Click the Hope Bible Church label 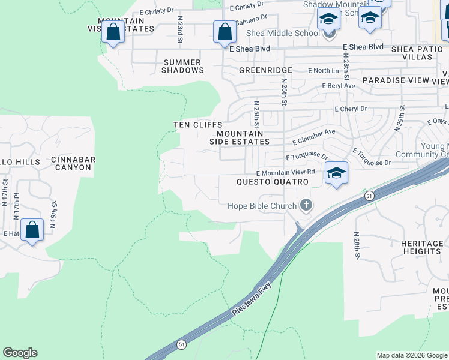coord(262,206)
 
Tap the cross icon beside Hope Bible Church coord(306,206)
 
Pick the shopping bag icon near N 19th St coord(32,230)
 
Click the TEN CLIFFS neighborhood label coord(198,124)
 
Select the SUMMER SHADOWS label coord(182,66)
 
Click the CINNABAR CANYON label coord(71,163)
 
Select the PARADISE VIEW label coord(396,80)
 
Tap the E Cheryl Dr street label coord(350,109)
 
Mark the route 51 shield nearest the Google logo coord(181,344)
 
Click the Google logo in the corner coord(20,353)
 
